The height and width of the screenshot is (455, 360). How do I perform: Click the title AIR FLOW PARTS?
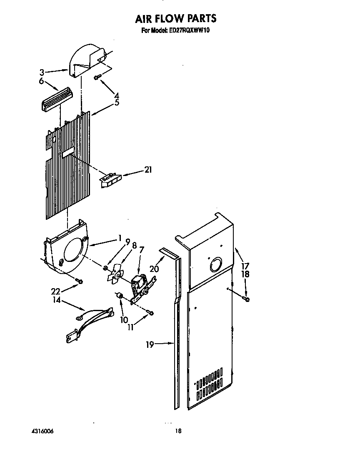coord(175,18)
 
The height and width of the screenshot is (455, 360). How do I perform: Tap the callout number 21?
coord(148,170)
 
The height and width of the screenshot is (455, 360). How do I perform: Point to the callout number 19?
coord(150,344)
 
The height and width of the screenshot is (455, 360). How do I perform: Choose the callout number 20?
coord(154,269)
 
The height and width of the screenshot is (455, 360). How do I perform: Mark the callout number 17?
coord(245,265)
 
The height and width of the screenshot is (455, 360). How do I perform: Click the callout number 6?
coord(41,81)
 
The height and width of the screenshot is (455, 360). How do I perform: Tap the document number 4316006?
coord(42,431)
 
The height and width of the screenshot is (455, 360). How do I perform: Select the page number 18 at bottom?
coord(178,431)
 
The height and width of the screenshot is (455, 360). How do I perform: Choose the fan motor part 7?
coord(139,285)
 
